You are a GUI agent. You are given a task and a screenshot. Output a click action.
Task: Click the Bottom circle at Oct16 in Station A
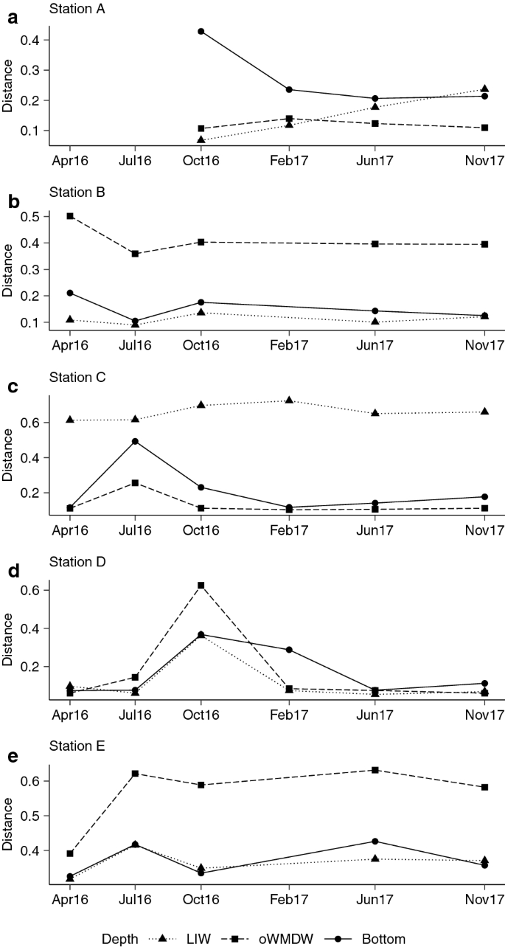pyautogui.click(x=201, y=32)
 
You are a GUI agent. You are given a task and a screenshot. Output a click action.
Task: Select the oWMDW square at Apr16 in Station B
pyautogui.click(x=70, y=216)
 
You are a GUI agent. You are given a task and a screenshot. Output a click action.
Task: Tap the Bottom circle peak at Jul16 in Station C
pyautogui.click(x=135, y=442)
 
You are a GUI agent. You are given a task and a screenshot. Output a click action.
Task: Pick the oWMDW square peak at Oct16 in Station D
pyautogui.click(x=201, y=586)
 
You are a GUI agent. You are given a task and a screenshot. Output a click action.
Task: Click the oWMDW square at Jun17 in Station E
pyautogui.click(x=375, y=770)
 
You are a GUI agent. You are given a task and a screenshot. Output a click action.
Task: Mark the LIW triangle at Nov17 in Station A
pyautogui.click(x=484, y=89)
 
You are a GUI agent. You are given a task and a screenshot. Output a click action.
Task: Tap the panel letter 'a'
pyautogui.click(x=10, y=18)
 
